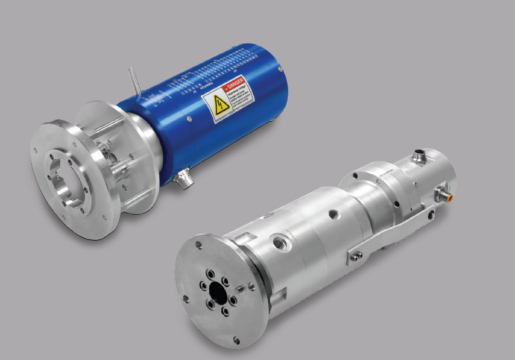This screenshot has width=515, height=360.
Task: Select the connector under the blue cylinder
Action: click(182, 180)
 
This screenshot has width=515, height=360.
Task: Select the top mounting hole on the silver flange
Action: click(197, 244)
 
